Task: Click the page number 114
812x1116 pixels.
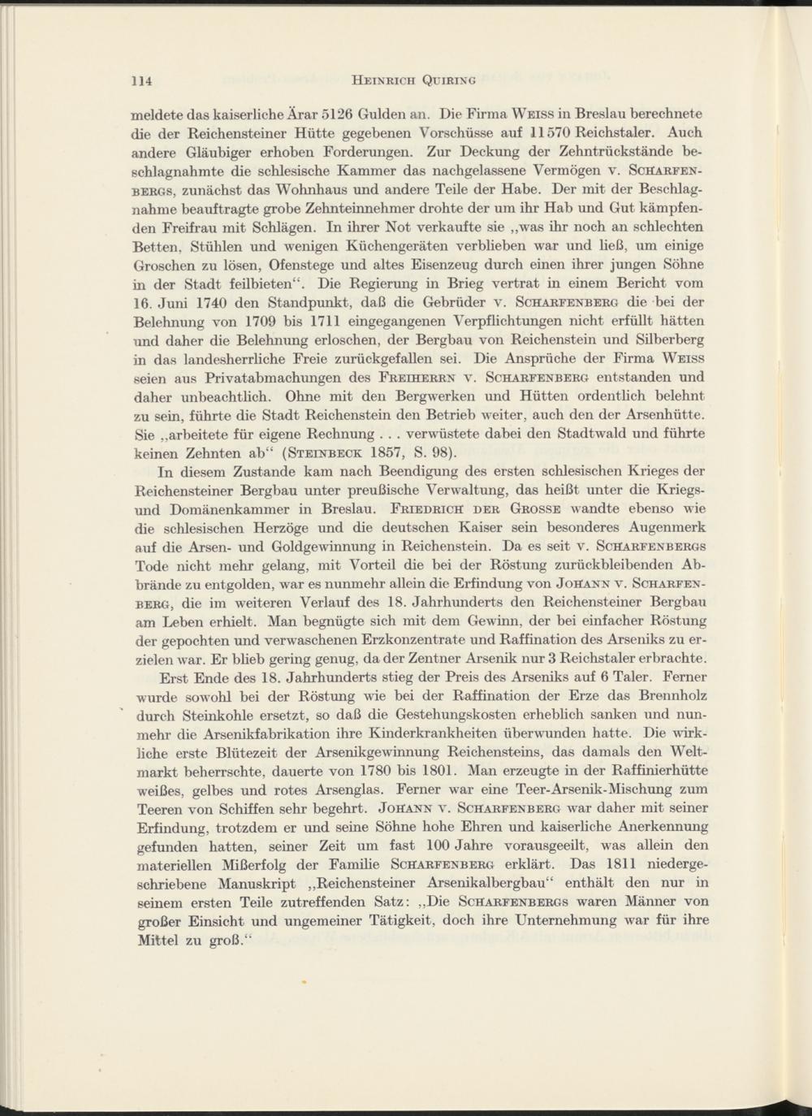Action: [x=143, y=80]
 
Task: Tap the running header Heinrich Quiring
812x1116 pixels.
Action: [x=411, y=80]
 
